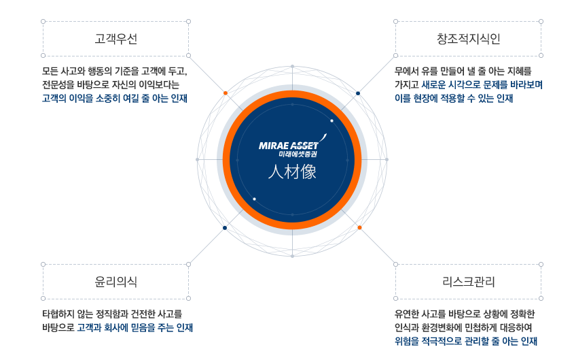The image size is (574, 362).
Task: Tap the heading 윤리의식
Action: pos(115,281)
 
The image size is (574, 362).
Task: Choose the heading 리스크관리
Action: pos(468,281)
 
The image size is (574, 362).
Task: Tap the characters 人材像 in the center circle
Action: pos(292,172)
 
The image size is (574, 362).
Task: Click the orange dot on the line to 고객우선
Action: pos(226,93)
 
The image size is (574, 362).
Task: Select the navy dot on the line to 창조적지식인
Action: pos(358,93)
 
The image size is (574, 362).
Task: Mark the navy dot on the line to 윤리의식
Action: pos(225,227)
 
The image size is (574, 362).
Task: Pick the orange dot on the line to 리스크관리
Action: pos(359,227)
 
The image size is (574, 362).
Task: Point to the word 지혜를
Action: pos(518,71)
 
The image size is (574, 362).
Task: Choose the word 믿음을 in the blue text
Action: pos(142,328)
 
